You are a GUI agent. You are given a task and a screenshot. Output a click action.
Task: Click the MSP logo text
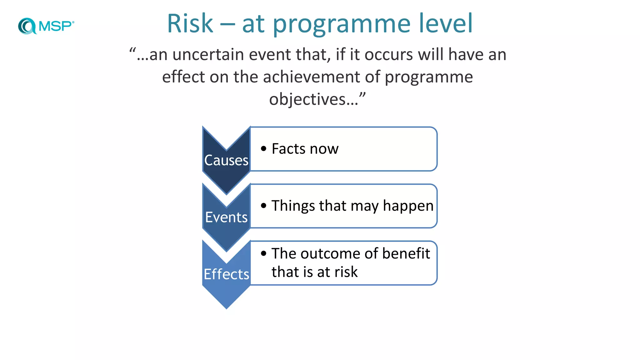pos(56,26)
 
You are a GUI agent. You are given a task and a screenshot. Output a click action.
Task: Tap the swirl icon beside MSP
pos(27,26)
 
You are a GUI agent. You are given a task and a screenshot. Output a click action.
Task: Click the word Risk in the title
pos(190,24)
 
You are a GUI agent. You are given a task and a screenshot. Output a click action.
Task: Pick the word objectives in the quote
pos(307,100)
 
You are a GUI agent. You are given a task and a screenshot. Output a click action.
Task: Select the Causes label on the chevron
pos(226,160)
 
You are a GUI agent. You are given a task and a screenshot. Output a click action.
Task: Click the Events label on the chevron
pos(226,217)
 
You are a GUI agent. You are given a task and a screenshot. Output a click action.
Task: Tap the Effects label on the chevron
pos(226,274)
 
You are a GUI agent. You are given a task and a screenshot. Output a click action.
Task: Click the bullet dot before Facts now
pos(264,149)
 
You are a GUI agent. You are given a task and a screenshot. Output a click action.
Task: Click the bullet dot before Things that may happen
pos(264,206)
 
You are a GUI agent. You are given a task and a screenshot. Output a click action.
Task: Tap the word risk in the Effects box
pos(346,272)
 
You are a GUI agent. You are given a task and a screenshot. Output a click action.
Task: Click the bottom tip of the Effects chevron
pos(226,308)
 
